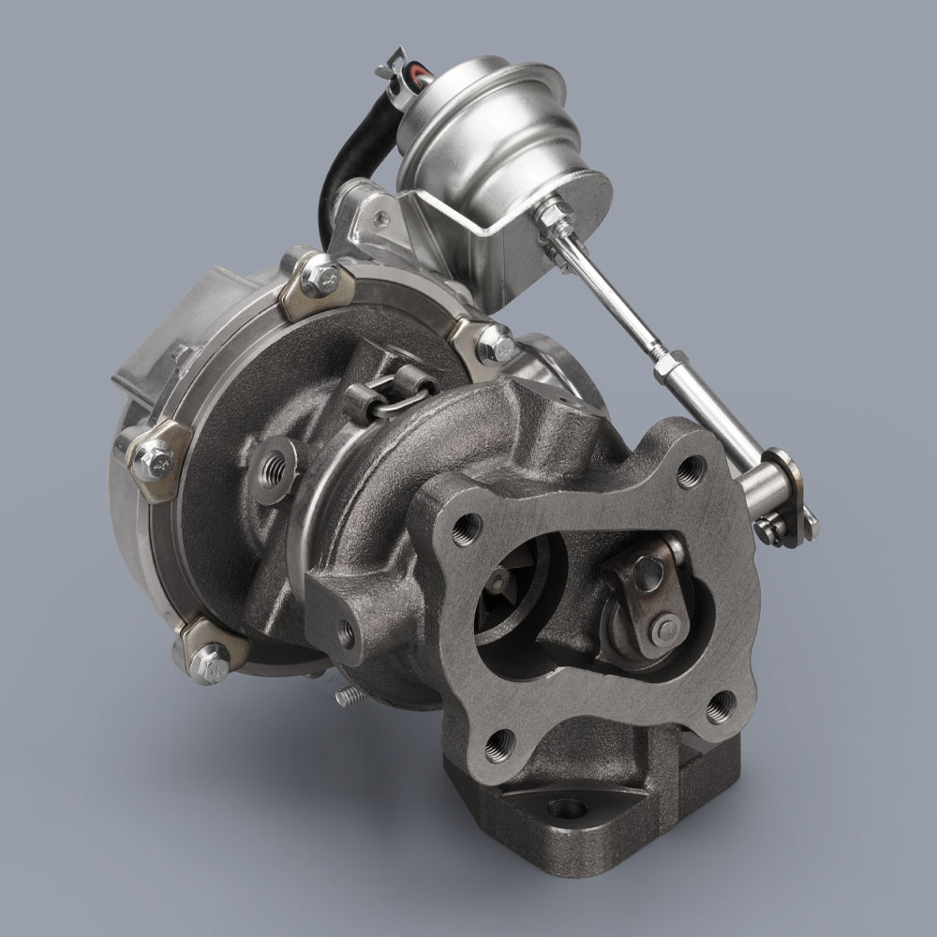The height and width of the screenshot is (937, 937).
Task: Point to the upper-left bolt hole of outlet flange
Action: [x=465, y=531]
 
